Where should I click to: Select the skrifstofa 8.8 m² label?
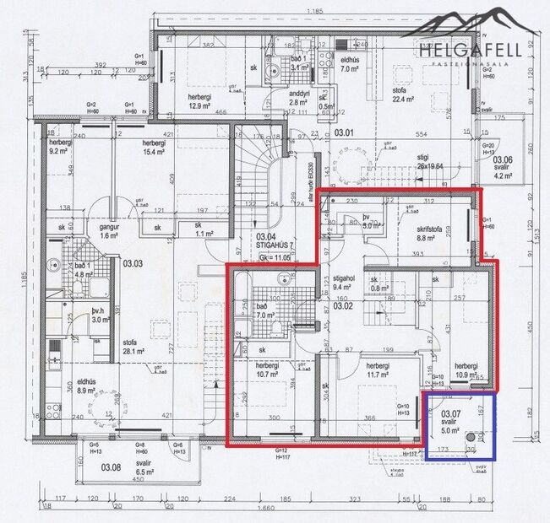[431, 234]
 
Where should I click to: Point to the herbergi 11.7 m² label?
[378, 370]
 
